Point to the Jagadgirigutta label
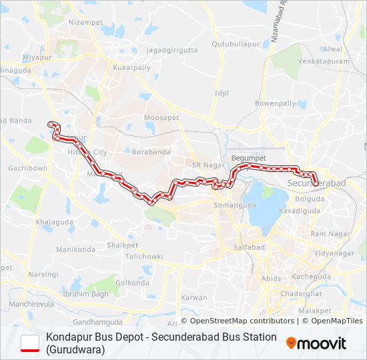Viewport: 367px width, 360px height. click(x=172, y=50)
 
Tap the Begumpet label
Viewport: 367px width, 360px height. click(x=248, y=157)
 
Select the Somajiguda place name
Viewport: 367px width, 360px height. click(x=230, y=206)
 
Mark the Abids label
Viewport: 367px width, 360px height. click(x=271, y=279)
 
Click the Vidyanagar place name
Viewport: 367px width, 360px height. click(x=333, y=254)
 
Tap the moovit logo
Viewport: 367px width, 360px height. click(x=316, y=343)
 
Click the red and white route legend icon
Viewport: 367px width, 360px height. click(x=30, y=343)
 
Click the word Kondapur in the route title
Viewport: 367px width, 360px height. click(x=68, y=337)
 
